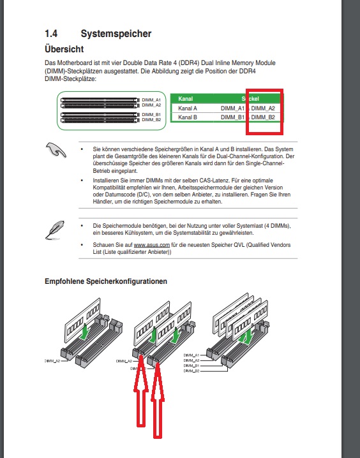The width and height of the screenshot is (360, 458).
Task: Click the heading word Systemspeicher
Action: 116,34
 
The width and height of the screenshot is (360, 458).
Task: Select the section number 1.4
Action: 51,34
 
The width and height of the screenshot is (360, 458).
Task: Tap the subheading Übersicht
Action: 64,49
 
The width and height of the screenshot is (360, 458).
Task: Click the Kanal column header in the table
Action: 185,99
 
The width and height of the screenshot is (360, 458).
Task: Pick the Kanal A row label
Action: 188,108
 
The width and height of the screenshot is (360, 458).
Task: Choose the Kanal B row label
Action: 188,117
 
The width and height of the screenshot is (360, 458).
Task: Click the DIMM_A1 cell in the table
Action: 232,108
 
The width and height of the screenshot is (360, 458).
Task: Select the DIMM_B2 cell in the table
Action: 263,117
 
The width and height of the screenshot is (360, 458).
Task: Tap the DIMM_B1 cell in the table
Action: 232,117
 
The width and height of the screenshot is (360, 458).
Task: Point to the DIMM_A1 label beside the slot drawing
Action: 151,100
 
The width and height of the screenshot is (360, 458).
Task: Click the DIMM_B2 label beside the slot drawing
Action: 151,120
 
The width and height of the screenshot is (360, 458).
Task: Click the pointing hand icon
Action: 56,150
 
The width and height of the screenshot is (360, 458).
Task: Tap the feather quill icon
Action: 55,230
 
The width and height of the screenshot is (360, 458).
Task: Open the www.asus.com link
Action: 152,245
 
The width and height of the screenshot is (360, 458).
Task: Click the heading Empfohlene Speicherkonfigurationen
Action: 106,281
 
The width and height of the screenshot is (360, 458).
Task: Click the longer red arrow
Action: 158,400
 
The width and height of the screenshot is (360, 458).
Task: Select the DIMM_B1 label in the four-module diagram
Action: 191,366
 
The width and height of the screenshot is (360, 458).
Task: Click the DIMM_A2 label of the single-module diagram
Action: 52,361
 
